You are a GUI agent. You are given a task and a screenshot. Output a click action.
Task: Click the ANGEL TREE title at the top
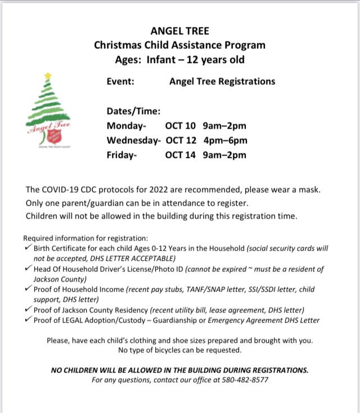(179, 32)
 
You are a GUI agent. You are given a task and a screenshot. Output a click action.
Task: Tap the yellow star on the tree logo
(48, 75)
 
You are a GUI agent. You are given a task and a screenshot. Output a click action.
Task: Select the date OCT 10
(180, 125)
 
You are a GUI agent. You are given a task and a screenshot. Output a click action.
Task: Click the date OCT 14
(180, 155)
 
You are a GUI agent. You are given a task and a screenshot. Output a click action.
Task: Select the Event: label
(120, 81)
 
